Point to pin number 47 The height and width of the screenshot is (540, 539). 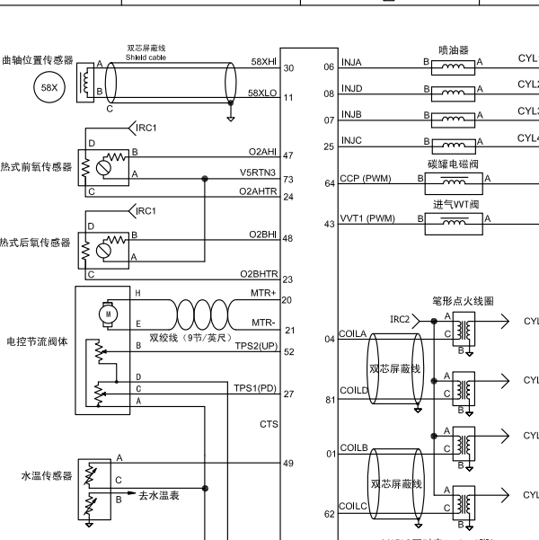pyautogui.click(x=287, y=155)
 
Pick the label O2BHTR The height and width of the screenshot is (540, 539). pyautogui.click(x=257, y=274)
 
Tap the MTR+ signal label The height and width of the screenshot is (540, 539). pyautogui.click(x=264, y=292)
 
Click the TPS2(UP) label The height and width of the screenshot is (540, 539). pyautogui.click(x=255, y=345)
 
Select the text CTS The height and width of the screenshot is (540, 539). pyautogui.click(x=268, y=422)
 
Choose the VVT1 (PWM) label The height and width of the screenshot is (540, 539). pyautogui.click(x=367, y=218)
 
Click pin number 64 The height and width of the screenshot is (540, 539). pyautogui.click(x=329, y=183)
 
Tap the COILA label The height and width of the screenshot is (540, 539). pyautogui.click(x=352, y=333)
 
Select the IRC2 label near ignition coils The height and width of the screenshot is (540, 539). pyautogui.click(x=401, y=319)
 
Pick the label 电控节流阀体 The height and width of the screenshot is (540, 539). pyautogui.click(x=38, y=342)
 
